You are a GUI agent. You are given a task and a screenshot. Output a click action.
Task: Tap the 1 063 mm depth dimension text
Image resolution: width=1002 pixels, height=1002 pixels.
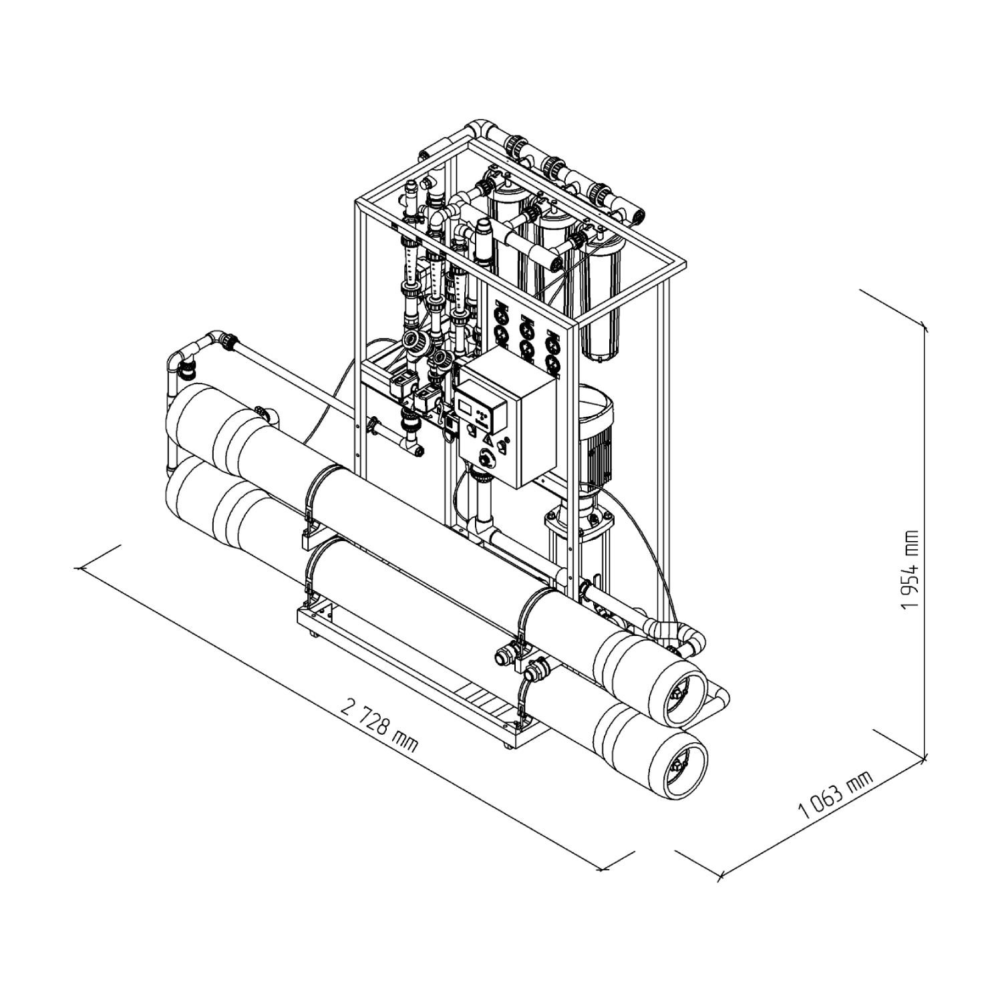(836, 795)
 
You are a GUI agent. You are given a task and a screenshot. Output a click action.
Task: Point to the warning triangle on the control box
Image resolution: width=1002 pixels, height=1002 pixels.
(488, 442)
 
